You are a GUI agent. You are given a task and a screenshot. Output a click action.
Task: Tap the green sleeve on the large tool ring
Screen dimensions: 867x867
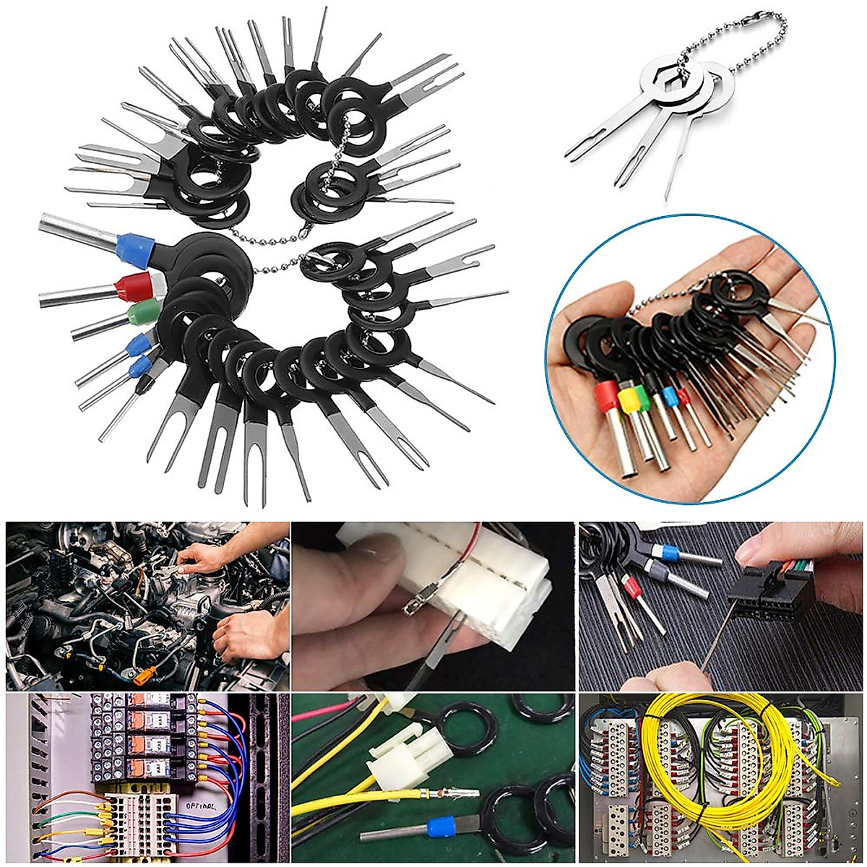tap(142, 314)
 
